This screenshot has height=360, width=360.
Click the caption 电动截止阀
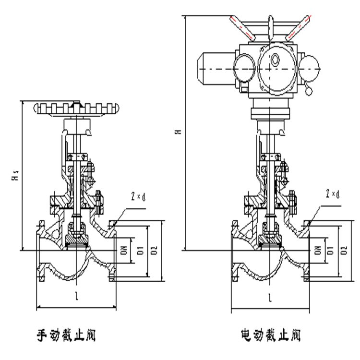click(271, 334)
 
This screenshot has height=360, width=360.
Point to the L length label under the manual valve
click(77, 297)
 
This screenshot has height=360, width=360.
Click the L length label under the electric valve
click(270, 298)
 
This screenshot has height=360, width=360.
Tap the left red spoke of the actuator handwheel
click(242, 27)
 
